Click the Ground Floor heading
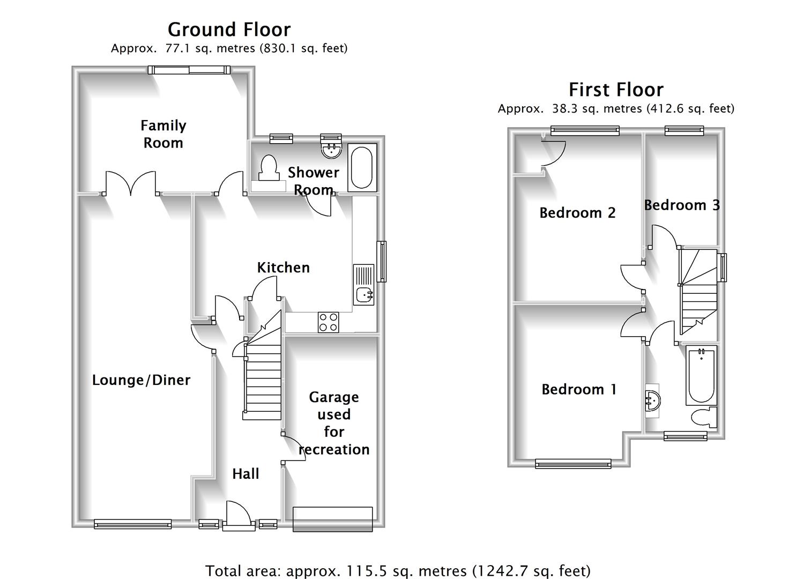click(x=229, y=29)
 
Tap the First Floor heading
click(x=616, y=90)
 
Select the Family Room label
click(x=163, y=134)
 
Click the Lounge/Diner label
click(x=141, y=380)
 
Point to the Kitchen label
click(x=283, y=268)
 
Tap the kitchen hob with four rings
click(x=328, y=322)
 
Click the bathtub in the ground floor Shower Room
click(x=362, y=167)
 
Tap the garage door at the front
click(x=332, y=519)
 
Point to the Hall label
click(x=246, y=474)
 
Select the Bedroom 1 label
click(x=579, y=389)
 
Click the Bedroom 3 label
click(x=681, y=205)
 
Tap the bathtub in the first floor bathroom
click(x=701, y=375)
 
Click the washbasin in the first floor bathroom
click(x=653, y=400)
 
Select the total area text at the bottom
click(x=398, y=571)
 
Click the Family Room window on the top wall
click(x=189, y=70)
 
